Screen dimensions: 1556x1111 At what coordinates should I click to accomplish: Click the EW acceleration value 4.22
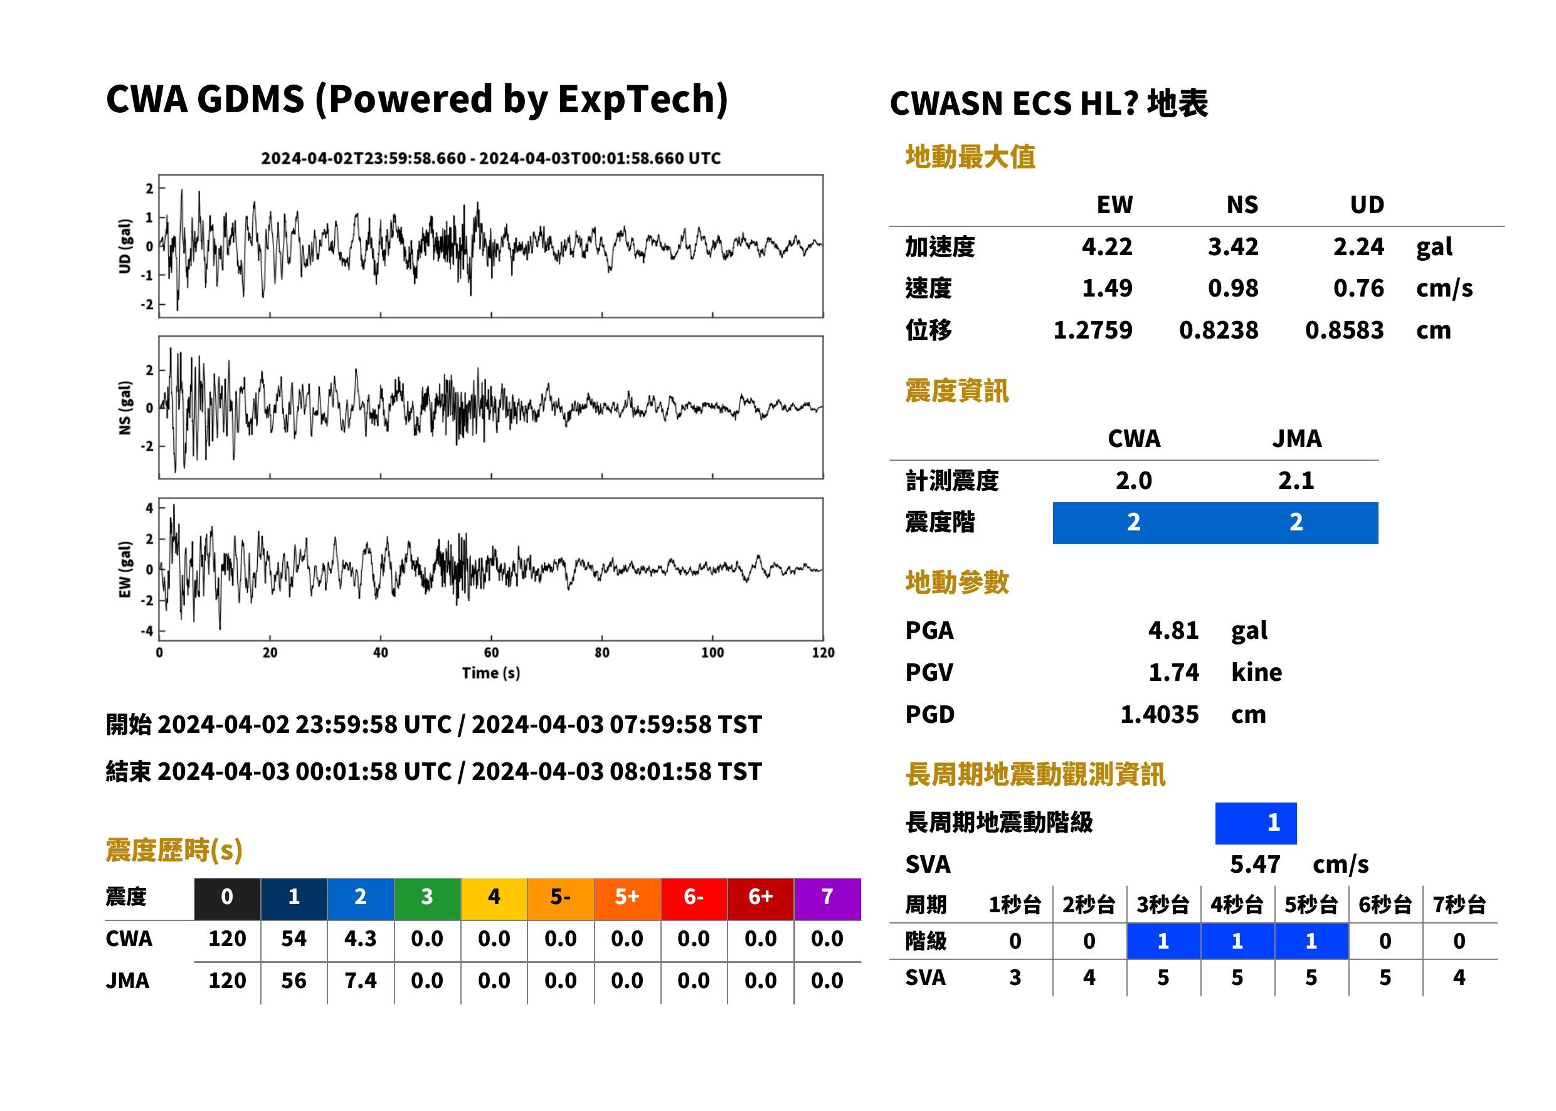[1106, 246]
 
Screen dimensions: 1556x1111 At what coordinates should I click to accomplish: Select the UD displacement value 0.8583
[1344, 330]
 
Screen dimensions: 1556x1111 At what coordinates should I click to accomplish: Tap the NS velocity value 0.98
[1232, 288]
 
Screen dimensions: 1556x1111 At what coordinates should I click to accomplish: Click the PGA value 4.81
[1173, 630]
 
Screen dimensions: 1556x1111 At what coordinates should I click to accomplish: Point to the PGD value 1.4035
[1159, 714]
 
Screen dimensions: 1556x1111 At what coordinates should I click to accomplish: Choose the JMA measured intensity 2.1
[1296, 480]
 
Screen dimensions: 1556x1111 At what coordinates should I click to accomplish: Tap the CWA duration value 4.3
[361, 939]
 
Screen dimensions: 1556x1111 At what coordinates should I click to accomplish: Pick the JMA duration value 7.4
[361, 981]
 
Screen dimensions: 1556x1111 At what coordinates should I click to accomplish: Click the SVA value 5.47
[1255, 864]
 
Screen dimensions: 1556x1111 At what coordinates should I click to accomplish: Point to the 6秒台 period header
[1385, 904]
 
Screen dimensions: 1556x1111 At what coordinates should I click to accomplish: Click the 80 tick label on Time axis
[601, 653]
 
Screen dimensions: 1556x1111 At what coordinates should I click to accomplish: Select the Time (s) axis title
[490, 673]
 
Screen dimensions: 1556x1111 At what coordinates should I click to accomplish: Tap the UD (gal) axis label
[125, 246]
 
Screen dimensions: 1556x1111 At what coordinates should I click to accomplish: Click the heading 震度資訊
[956, 391]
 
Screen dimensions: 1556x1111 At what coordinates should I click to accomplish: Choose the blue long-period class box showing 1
[1256, 823]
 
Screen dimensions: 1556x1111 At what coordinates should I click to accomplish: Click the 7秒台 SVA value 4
[1459, 977]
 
